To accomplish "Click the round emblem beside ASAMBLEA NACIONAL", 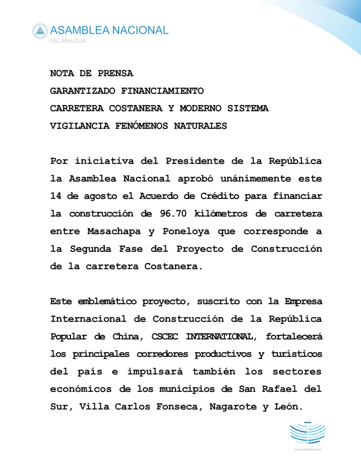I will pyautogui.click(x=40, y=31).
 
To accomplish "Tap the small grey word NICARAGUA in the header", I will pyautogui.click(x=68, y=41).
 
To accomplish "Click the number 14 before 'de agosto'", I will pyautogui.click(x=56, y=196).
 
